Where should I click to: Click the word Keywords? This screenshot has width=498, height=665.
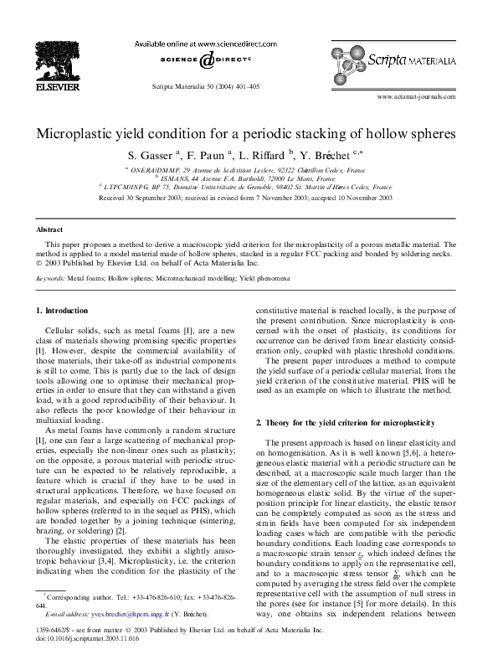[50, 276]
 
